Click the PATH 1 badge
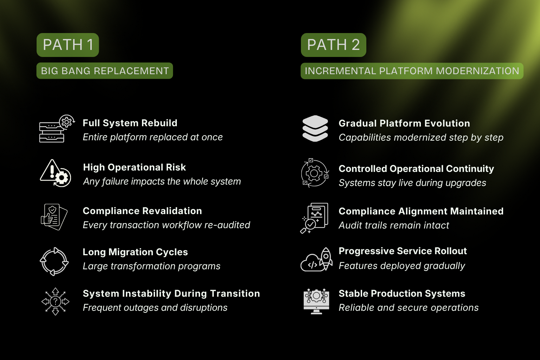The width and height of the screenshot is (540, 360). coord(67,45)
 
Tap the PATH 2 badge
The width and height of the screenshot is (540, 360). coord(333,45)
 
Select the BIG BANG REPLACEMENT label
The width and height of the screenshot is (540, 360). coord(105,71)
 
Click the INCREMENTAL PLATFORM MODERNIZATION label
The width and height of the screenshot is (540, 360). coord(412,71)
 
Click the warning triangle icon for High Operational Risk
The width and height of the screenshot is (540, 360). coord(56,173)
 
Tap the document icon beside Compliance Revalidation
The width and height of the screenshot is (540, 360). coord(54,217)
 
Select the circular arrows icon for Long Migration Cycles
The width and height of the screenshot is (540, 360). coord(54,261)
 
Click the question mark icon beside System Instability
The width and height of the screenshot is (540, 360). coord(55,301)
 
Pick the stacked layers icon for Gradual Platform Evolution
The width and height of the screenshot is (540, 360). coord(315,129)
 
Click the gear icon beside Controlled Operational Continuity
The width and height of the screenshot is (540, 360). coord(315,173)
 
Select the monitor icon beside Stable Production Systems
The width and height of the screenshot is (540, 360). coord(316,301)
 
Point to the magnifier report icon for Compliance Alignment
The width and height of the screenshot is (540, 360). coord(314,218)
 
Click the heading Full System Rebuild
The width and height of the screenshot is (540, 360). coord(130,123)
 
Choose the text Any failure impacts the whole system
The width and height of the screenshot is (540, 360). coord(162,181)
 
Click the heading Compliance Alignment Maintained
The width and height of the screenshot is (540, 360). coord(421,211)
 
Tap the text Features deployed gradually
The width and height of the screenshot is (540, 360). coord(402,266)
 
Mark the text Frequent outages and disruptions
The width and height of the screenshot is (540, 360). coord(155,308)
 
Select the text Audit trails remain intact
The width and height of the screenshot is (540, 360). coord(394,225)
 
